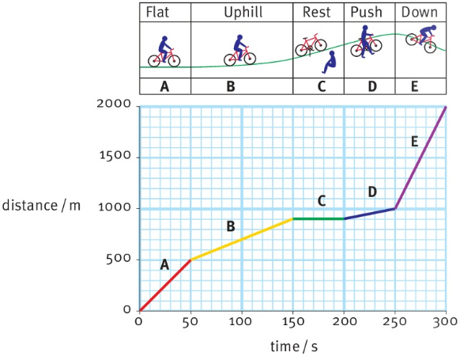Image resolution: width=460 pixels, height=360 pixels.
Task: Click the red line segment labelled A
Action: (165, 285)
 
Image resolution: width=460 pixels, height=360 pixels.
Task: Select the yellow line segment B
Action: (242, 239)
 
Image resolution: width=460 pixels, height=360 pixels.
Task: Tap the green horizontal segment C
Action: (319, 218)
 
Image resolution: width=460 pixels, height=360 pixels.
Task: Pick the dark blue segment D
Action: (370, 214)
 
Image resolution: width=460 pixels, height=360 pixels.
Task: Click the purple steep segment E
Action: (420, 157)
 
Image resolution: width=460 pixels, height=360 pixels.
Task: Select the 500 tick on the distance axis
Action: (116, 260)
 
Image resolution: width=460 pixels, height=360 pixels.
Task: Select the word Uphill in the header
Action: (242, 12)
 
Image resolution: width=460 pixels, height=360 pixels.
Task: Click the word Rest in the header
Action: (317, 12)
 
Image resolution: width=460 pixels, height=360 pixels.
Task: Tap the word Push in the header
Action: (368, 12)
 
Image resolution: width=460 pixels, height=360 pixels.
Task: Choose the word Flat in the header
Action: (164, 12)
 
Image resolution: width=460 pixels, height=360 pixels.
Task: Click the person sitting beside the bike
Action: (330, 63)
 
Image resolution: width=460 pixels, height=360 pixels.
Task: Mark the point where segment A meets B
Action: (190, 260)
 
